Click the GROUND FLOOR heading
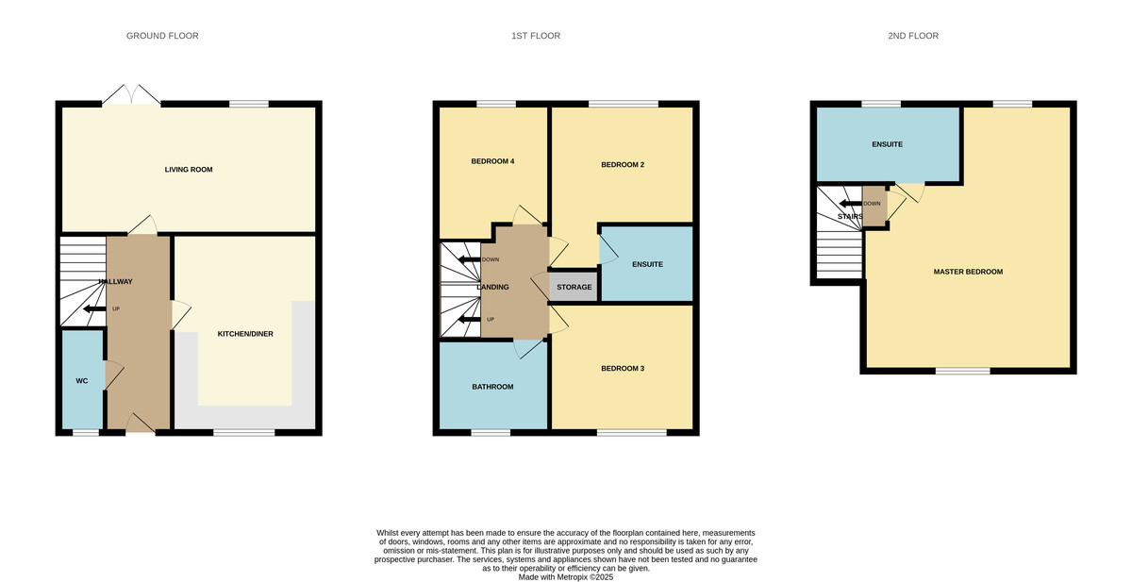(162, 36)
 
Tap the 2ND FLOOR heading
(913, 36)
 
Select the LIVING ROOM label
(189, 170)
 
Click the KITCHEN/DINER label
(245, 334)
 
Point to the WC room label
(82, 381)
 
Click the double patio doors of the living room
(132, 95)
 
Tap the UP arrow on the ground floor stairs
(94, 308)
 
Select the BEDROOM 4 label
(492, 161)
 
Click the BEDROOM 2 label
(623, 165)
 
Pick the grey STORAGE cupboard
(574, 287)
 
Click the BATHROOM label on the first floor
(492, 387)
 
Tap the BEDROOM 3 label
(623, 368)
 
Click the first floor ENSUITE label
(647, 264)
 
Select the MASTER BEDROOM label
(968, 272)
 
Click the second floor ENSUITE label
(888, 144)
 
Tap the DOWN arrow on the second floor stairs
(850, 204)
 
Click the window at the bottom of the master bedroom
(962, 371)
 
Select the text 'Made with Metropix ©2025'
(566, 577)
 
